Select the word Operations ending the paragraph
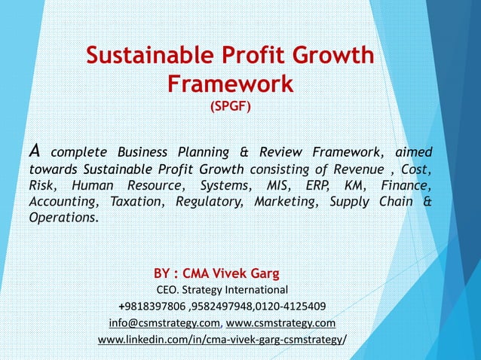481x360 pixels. [63, 218]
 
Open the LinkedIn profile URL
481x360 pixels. [222, 340]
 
